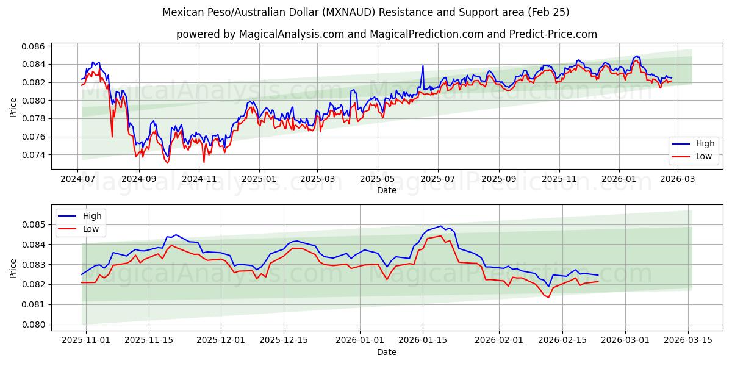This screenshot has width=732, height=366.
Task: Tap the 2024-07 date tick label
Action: coord(77,179)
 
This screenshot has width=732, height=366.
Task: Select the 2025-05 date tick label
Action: coord(377,179)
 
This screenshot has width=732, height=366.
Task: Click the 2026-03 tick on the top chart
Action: coord(678,179)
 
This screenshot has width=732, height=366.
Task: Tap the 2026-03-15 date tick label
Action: coord(689,340)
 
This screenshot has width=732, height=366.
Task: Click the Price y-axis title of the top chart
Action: coord(13,107)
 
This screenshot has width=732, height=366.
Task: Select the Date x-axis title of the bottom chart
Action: coord(386,352)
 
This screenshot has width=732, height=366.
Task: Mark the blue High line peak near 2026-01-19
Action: coord(440,226)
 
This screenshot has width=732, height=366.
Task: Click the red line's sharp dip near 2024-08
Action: coord(112,137)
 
